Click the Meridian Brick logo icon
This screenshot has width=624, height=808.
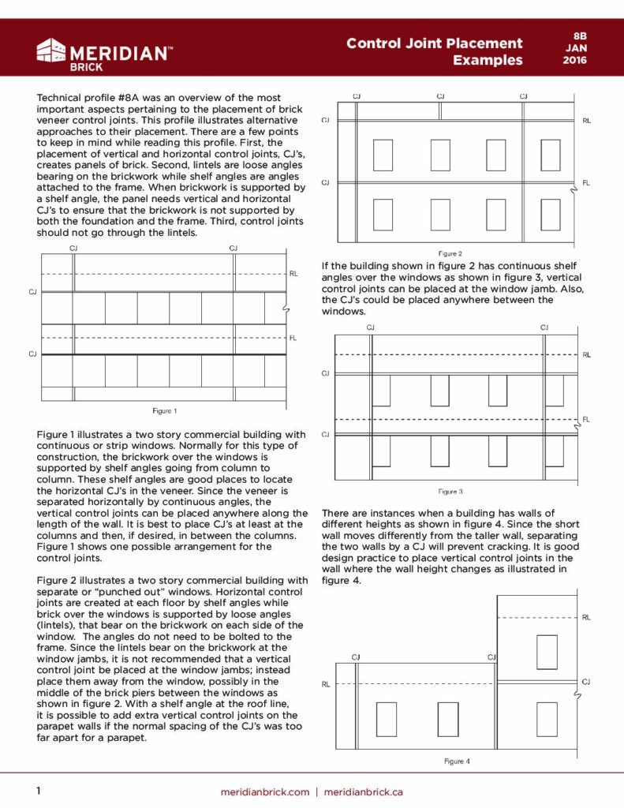(51, 51)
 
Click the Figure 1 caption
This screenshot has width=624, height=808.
(164, 410)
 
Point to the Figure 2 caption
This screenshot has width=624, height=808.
(450, 253)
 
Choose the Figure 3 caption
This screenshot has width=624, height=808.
(450, 492)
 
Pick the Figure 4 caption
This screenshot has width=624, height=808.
(457, 761)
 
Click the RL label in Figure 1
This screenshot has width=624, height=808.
(293, 273)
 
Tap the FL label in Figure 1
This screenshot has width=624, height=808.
(293, 338)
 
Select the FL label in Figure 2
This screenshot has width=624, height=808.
(586, 183)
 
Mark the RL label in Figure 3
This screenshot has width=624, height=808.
(586, 355)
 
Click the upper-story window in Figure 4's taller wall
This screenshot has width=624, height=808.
(547, 652)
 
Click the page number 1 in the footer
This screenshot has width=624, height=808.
(38, 791)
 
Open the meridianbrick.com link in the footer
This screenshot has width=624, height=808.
(264, 791)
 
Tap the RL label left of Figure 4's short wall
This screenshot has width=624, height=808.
(325, 684)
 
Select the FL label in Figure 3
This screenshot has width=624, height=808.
(586, 419)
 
